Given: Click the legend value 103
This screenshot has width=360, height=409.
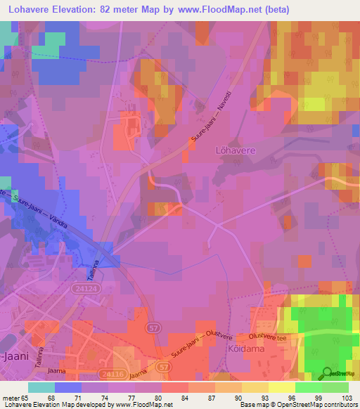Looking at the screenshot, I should (x=347, y=398).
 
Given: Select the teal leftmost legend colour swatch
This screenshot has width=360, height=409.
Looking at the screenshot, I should (x=41, y=387).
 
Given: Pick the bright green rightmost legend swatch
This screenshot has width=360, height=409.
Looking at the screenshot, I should (x=335, y=387).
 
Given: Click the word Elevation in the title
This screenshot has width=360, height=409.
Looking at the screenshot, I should (x=77, y=10).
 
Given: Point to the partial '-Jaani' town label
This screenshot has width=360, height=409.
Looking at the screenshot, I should (x=15, y=356).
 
